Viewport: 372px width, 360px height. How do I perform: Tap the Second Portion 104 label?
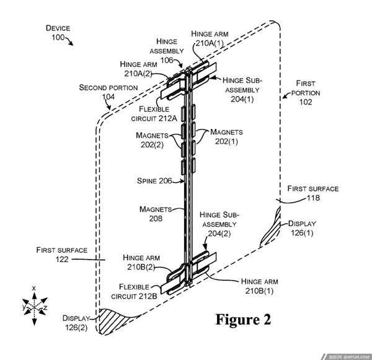pyautogui.click(x=108, y=92)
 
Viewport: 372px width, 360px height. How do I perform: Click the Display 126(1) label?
pyautogui.click(x=302, y=228)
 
